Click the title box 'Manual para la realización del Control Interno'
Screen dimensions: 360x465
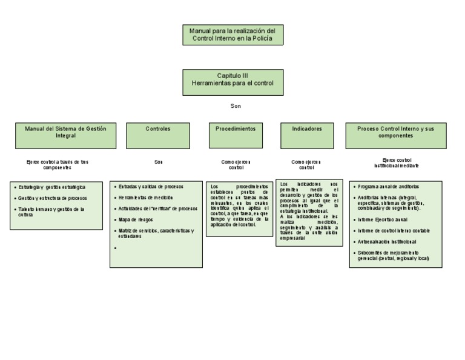click(x=232, y=35)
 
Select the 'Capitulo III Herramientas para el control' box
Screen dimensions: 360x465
click(x=232, y=82)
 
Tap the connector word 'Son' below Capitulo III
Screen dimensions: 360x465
click(x=236, y=105)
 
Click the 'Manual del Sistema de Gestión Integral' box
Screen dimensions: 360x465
click(x=65, y=135)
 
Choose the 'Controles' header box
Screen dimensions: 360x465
click(x=158, y=135)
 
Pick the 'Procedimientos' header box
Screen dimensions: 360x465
click(x=236, y=135)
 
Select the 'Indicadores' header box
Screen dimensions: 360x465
click(x=307, y=135)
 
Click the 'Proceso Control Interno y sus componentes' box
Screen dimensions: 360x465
click(x=395, y=135)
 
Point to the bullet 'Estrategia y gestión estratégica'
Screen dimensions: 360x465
click(x=51, y=187)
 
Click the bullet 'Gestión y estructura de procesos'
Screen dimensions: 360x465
click(x=52, y=198)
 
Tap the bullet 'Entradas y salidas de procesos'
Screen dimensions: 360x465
click(x=151, y=187)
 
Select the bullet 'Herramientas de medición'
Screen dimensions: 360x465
click(x=145, y=198)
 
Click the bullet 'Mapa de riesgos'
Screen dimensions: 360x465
click(x=136, y=219)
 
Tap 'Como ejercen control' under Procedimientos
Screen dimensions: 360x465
click(x=236, y=165)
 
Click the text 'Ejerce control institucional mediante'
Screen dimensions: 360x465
click(x=396, y=162)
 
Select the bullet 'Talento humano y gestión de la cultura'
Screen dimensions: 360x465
click(x=51, y=212)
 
